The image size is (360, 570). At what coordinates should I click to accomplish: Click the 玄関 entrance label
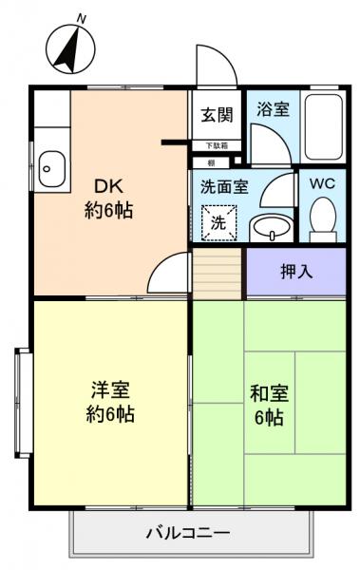click(217, 115)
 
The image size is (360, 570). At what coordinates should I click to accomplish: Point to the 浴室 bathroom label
click(274, 108)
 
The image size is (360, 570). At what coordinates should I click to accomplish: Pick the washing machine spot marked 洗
click(218, 224)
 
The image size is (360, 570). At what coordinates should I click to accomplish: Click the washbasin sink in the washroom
click(273, 228)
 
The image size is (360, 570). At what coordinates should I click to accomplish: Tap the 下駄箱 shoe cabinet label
click(217, 145)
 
